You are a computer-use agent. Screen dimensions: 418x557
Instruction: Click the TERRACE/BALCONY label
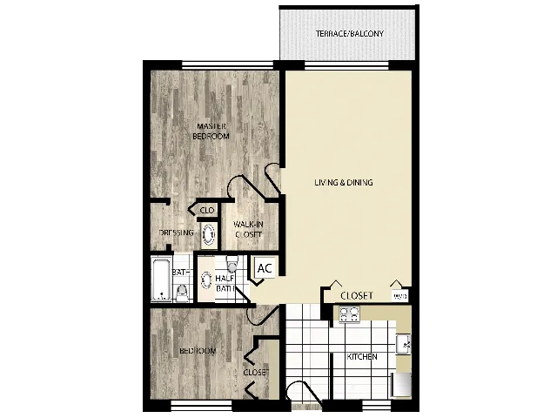(349, 34)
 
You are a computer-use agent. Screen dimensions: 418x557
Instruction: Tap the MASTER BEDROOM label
(211, 131)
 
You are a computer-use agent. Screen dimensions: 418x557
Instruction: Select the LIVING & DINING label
(344, 183)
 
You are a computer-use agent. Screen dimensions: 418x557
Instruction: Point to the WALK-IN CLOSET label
(249, 230)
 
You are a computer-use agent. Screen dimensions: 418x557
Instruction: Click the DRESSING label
(177, 233)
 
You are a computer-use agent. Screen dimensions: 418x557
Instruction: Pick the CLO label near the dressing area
(207, 211)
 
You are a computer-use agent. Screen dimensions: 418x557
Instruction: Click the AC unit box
(265, 267)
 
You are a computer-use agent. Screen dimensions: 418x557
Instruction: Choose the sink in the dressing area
(209, 233)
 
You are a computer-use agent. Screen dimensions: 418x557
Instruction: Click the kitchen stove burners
(350, 314)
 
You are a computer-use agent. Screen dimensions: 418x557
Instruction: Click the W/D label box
(399, 297)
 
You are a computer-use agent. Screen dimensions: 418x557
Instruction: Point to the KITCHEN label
(361, 357)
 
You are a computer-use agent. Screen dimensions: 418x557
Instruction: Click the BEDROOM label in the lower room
(198, 351)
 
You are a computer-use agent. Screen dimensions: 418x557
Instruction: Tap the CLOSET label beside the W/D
(357, 296)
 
